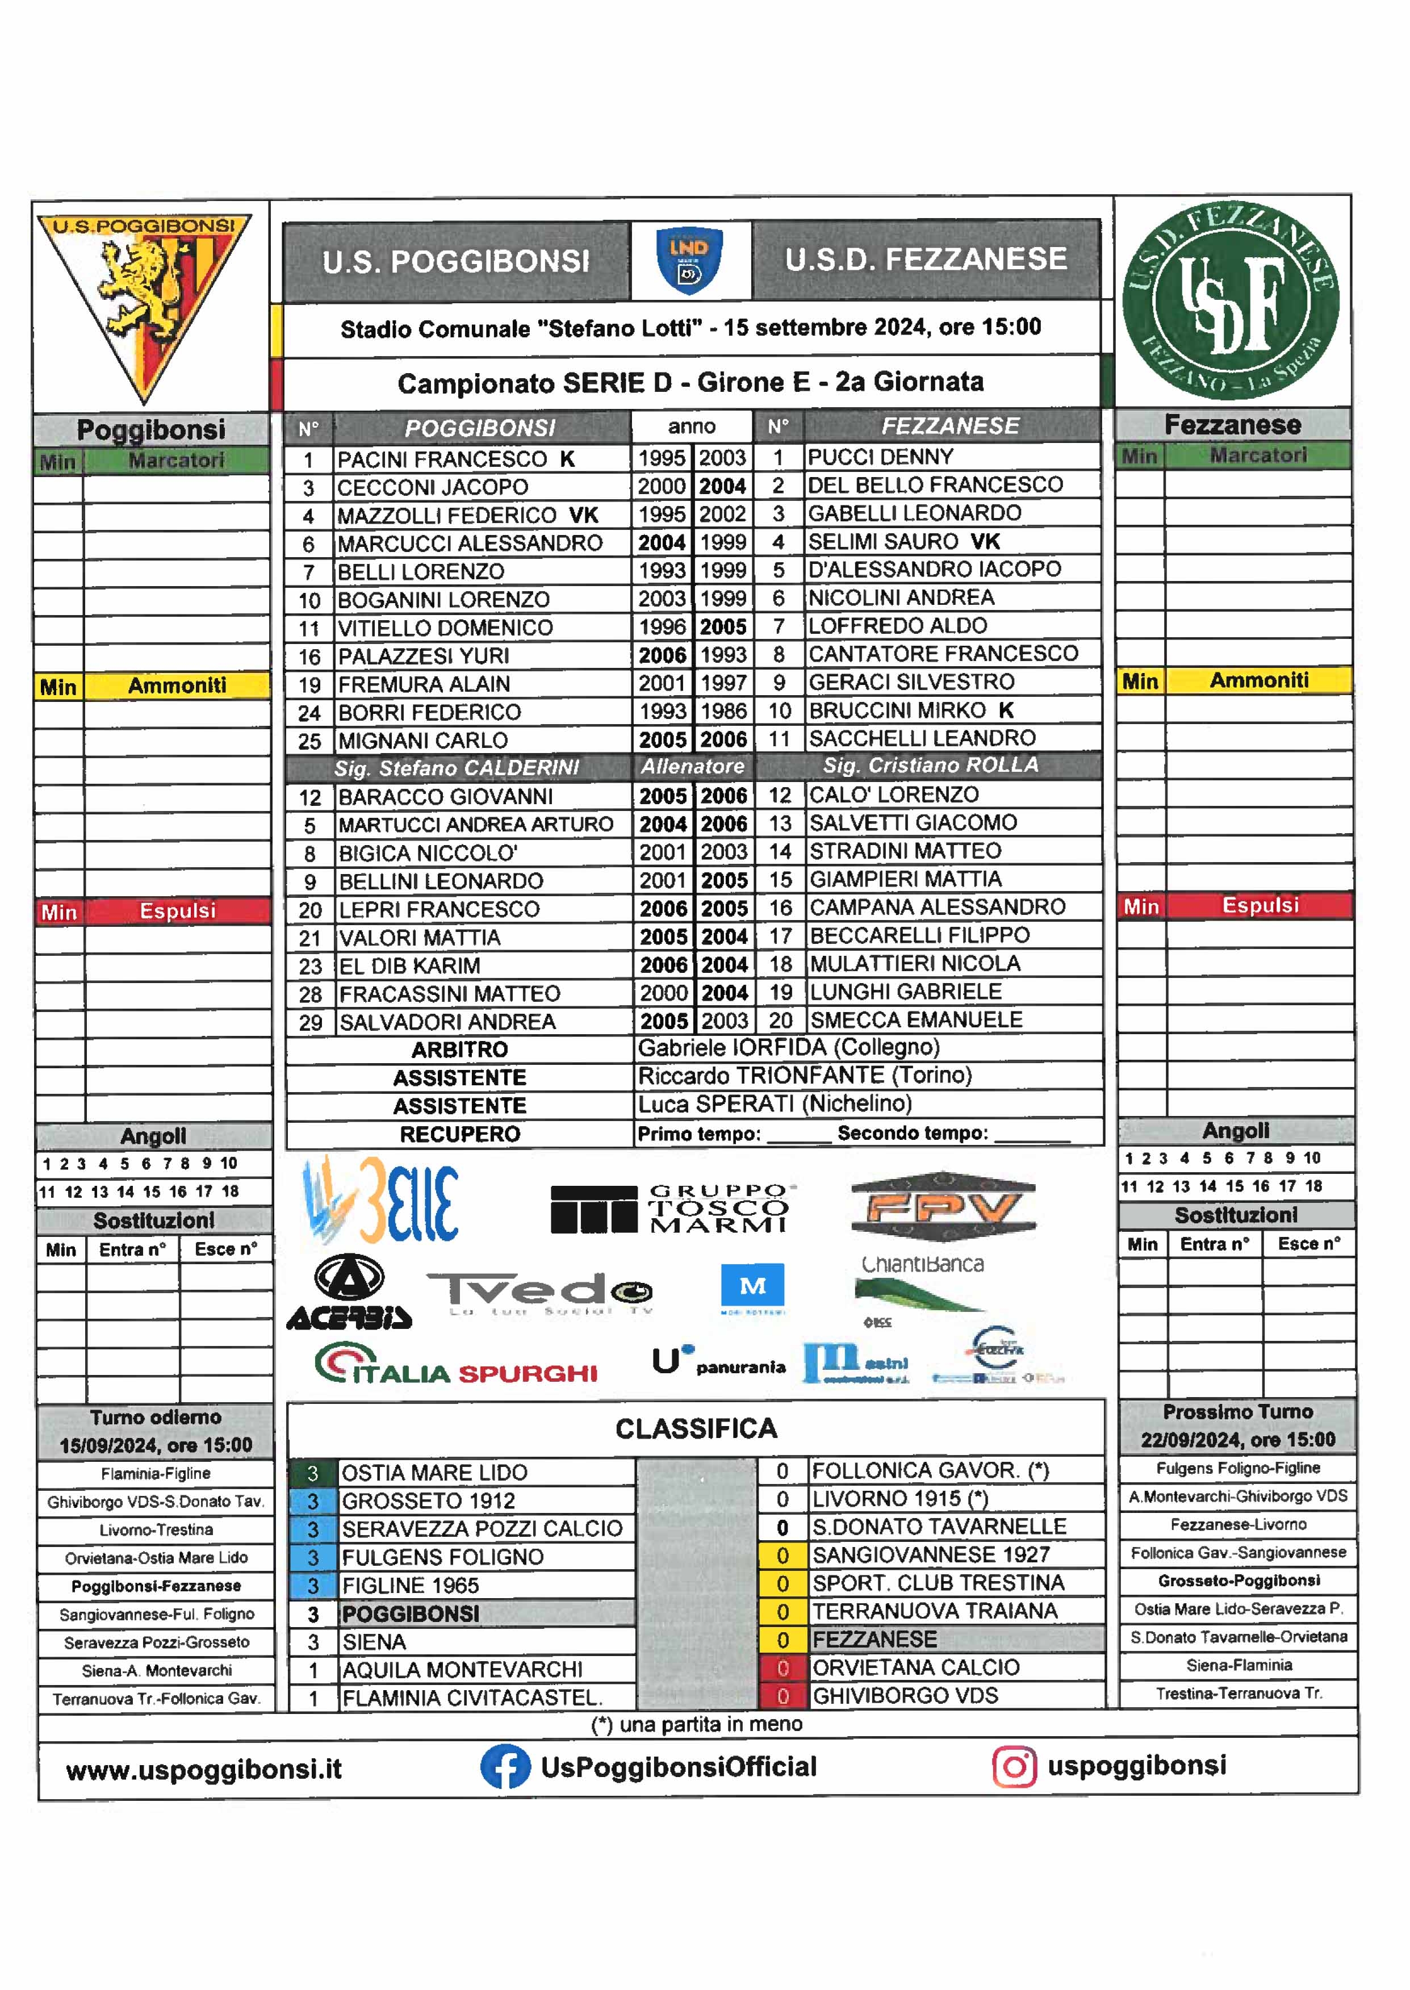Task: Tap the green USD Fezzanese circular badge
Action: click(1231, 301)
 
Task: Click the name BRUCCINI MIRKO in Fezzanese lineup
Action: click(897, 711)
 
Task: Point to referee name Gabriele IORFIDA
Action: click(788, 1048)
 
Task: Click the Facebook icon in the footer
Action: click(505, 1766)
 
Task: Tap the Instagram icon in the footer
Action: click(1014, 1766)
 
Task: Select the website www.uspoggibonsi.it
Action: click(204, 1769)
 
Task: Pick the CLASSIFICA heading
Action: click(696, 1428)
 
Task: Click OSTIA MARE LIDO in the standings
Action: click(434, 1473)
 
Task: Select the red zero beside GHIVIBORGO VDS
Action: click(783, 1696)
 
